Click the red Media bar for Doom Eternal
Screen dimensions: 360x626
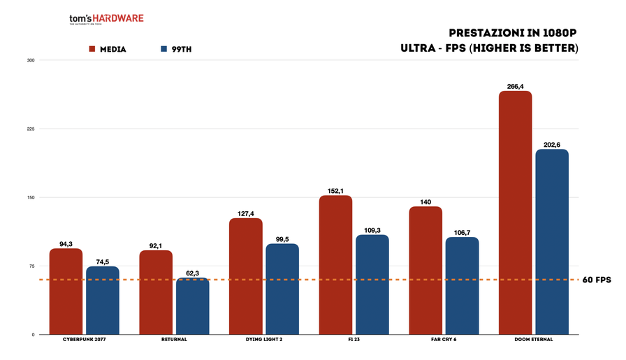coord(516,213)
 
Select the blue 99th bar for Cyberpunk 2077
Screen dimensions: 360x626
coord(103,301)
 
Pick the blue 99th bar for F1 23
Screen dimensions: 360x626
coord(372,285)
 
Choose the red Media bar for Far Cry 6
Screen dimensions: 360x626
coord(425,271)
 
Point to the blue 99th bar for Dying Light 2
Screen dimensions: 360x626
coord(282,289)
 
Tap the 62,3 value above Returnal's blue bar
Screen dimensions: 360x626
coord(192,273)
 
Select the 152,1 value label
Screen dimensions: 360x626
coord(336,191)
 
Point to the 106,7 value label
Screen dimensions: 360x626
coord(462,232)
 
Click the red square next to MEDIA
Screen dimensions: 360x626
coord(92,50)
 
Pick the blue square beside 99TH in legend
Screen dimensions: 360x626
coord(163,50)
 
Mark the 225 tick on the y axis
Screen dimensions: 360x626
coord(30,129)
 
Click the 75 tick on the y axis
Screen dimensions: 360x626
coord(31,266)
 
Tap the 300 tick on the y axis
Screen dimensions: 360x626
coord(30,61)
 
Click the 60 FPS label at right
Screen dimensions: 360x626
coord(597,280)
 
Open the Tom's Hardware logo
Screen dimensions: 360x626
coord(106,19)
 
